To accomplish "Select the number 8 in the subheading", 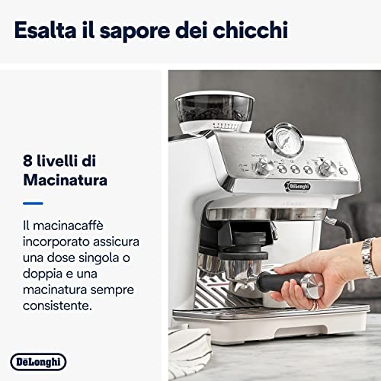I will [28, 161].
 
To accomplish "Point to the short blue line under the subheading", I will [33, 203].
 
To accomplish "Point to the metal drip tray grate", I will [229, 301].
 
